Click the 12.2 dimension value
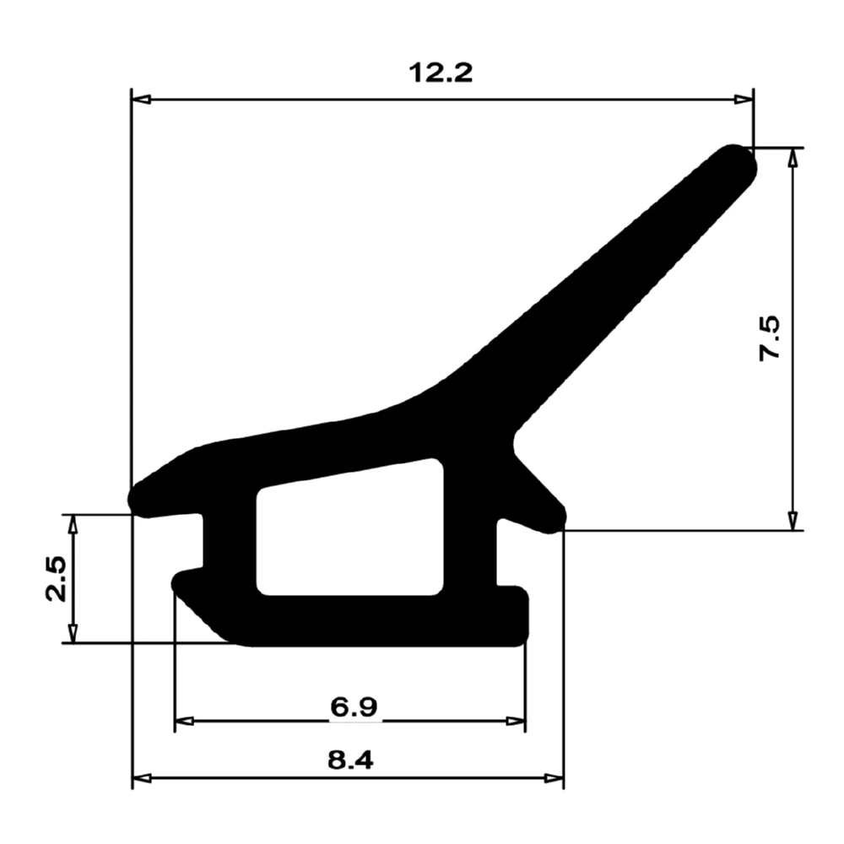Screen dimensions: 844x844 (441, 73)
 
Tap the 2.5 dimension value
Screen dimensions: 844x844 (57, 578)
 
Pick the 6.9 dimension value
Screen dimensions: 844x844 (354, 706)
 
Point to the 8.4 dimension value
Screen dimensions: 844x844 (349, 760)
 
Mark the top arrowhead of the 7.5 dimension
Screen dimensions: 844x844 (792, 158)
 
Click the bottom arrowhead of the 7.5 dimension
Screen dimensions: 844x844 (792, 521)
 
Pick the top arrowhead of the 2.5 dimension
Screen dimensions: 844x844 (73, 524)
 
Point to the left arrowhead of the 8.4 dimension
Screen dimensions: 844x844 (143, 777)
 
